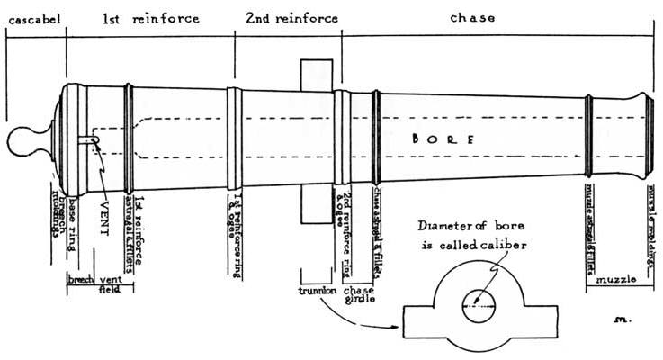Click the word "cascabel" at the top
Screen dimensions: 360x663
(34, 18)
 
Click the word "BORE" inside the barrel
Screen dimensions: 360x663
(441, 139)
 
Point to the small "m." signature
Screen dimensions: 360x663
(621, 319)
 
